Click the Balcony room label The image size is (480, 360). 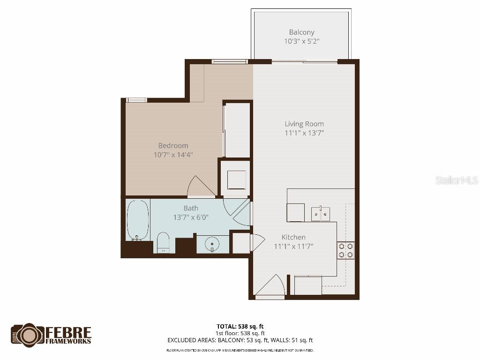pyautogui.click(x=301, y=32)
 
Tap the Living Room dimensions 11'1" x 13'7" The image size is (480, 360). pyautogui.click(x=304, y=133)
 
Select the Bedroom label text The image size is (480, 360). pyautogui.click(x=173, y=146)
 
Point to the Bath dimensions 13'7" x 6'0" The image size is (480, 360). pyautogui.click(x=190, y=217)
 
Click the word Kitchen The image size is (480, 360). pyautogui.click(x=293, y=237)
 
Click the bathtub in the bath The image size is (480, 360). pyautogui.click(x=138, y=220)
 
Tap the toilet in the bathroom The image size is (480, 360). pyautogui.click(x=163, y=242)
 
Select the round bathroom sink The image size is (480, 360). pyautogui.click(x=213, y=244)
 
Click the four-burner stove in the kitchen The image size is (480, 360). pyautogui.click(x=346, y=250)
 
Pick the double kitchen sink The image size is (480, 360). pyautogui.click(x=321, y=214)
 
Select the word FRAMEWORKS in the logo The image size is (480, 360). pyautogui.click(x=68, y=342)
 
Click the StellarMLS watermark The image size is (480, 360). pyautogui.click(x=456, y=180)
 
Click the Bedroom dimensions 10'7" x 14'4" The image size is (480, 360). pyautogui.click(x=173, y=155)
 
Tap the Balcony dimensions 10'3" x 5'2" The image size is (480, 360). pyautogui.click(x=301, y=41)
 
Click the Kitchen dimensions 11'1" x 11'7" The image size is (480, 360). pyautogui.click(x=293, y=246)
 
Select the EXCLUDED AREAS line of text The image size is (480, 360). pyautogui.click(x=240, y=340)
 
